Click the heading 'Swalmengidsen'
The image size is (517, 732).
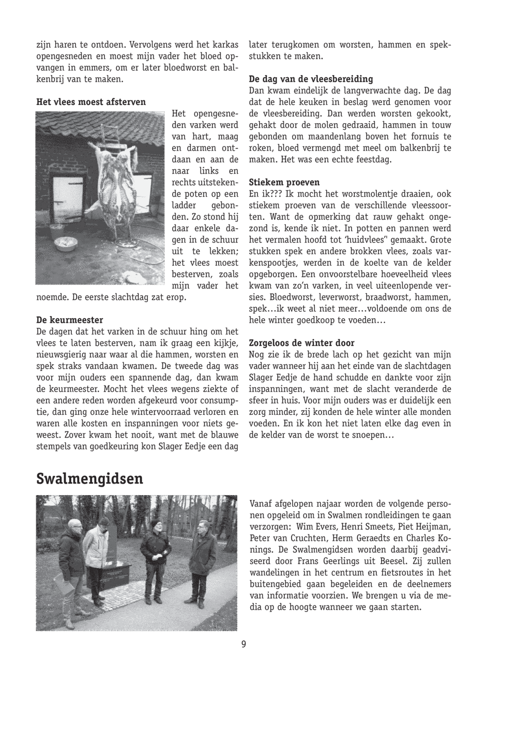(x=89, y=479)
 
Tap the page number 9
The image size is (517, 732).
(x=244, y=644)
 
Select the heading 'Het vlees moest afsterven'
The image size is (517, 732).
(x=91, y=102)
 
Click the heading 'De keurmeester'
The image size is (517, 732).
(x=70, y=320)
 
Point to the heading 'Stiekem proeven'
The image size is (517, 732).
(x=284, y=182)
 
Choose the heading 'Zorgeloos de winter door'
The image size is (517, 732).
(x=302, y=342)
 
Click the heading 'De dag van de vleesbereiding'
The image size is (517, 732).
(x=311, y=79)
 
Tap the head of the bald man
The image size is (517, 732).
(x=75, y=526)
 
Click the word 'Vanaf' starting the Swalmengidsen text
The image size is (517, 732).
(x=261, y=504)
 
